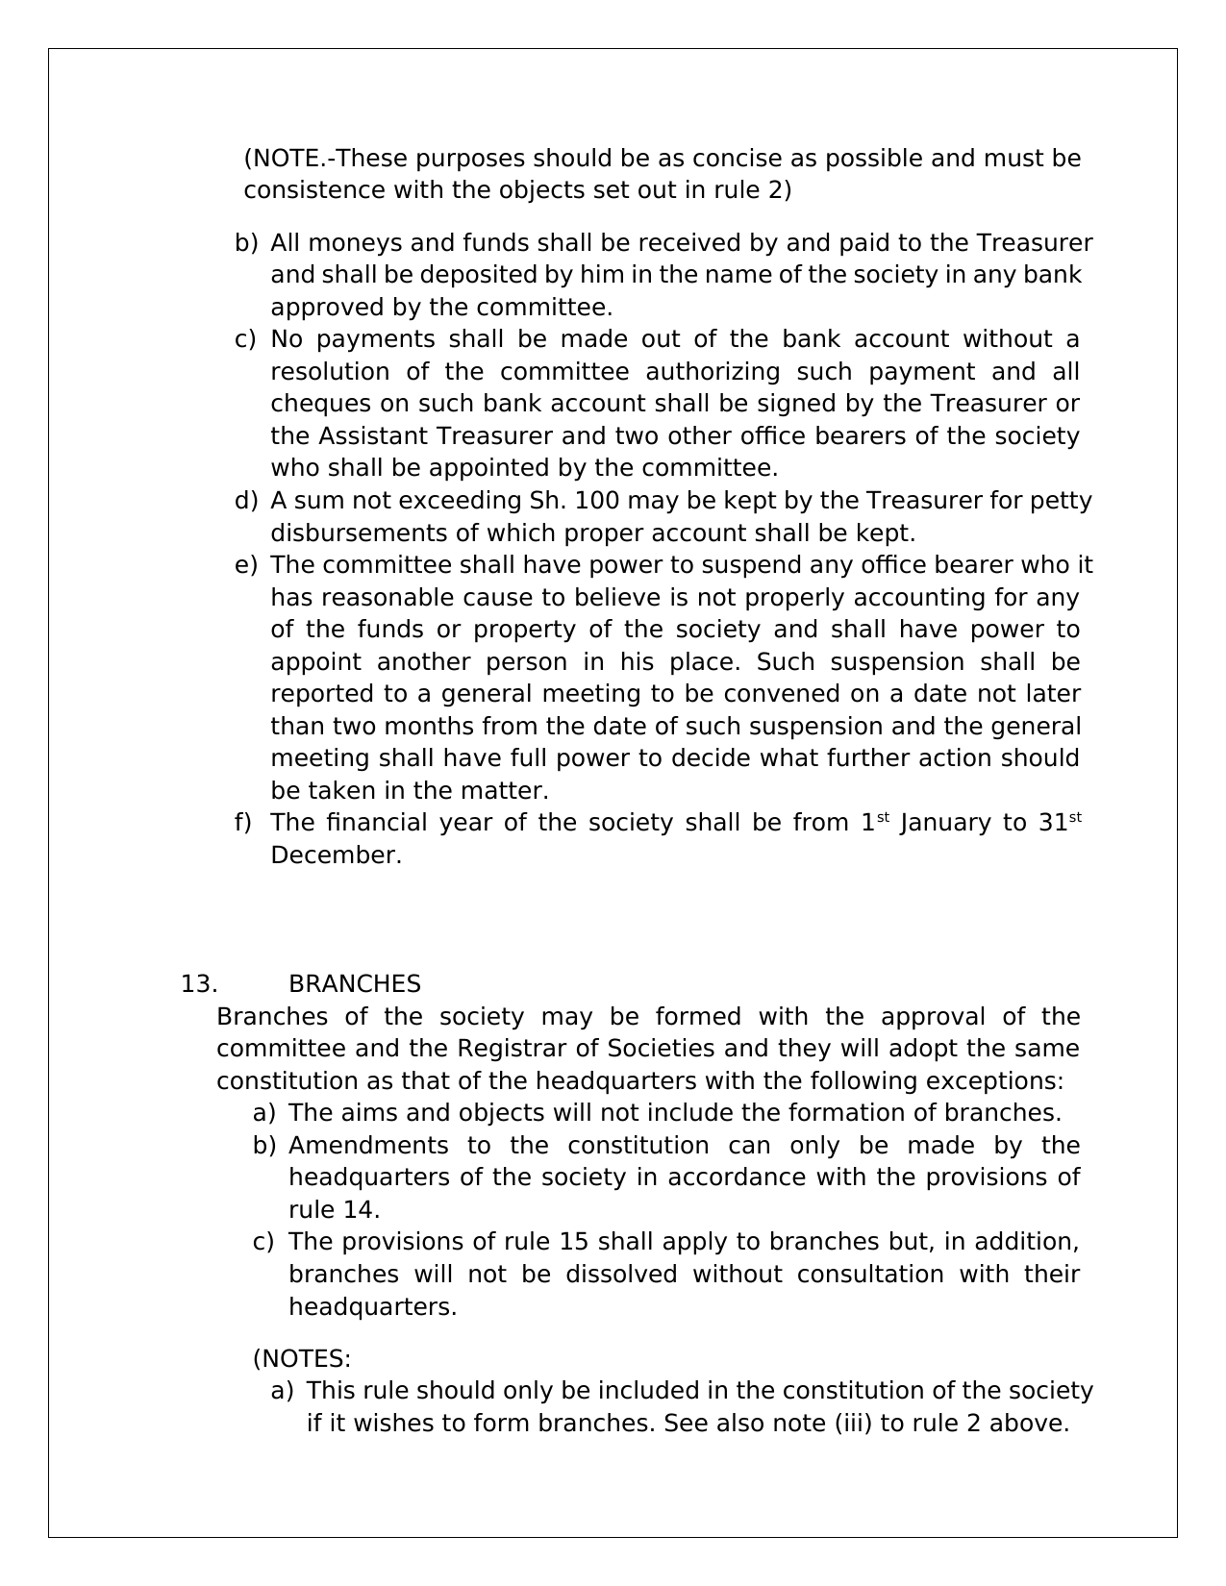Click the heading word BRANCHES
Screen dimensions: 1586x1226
[354, 984]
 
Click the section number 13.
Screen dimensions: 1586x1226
[198, 984]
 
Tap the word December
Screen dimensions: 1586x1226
[336, 855]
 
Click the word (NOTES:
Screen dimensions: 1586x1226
[302, 1359]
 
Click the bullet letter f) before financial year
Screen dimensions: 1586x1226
[242, 823]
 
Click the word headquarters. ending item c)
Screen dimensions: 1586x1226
[372, 1307]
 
